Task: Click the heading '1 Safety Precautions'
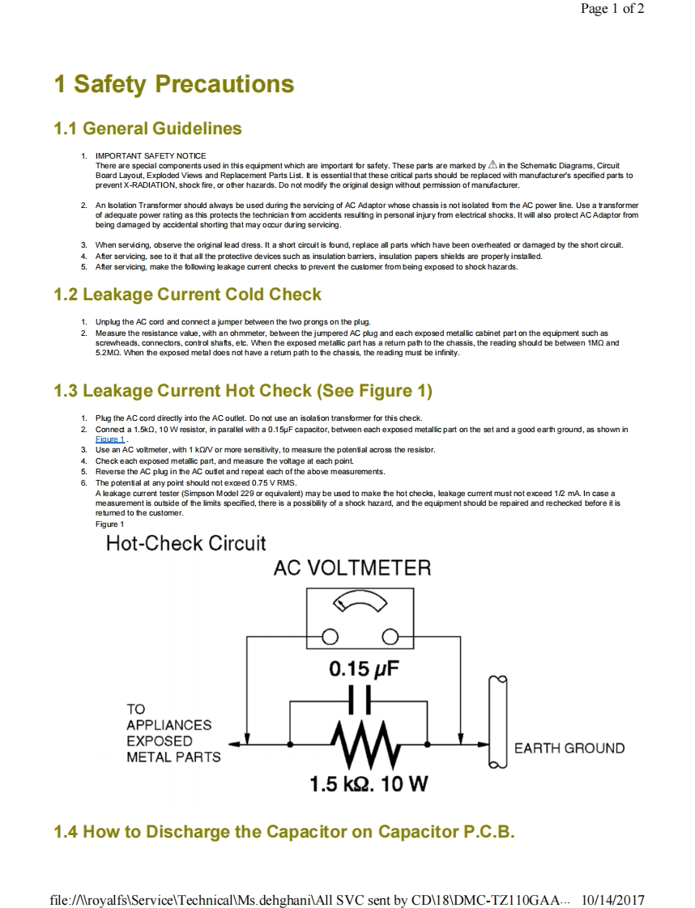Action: [173, 84]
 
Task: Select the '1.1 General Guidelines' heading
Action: [147, 129]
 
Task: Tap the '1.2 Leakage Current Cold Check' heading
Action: [187, 295]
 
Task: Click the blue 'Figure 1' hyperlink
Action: [109, 439]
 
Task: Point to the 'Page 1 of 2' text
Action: [612, 10]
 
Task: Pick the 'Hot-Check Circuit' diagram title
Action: [185, 543]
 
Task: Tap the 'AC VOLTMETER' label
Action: [352, 568]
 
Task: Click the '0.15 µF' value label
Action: [365, 670]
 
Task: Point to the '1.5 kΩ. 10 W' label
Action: [369, 783]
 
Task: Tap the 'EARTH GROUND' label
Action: [569, 749]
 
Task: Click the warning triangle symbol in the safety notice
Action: [492, 164]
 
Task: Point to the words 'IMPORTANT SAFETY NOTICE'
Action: [151, 155]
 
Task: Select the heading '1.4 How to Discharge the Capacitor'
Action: [284, 832]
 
